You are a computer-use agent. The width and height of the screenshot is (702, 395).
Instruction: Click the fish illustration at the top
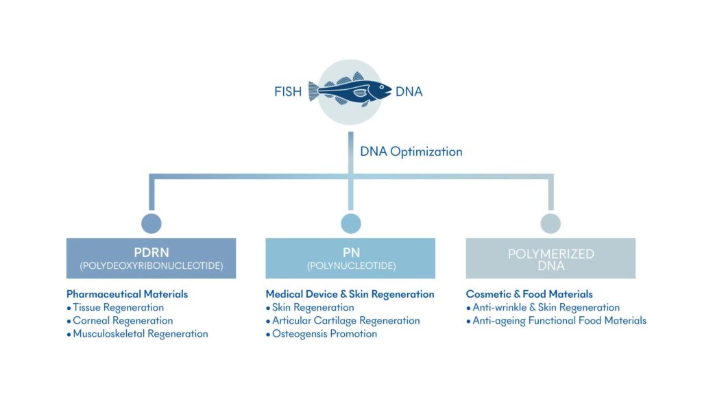[350, 91]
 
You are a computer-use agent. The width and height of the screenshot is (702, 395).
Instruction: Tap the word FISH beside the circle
[288, 91]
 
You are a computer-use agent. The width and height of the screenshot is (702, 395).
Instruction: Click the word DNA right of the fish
[409, 91]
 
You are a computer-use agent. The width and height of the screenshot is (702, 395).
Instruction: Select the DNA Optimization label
[411, 152]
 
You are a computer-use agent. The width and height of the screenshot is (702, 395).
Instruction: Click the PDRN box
[151, 258]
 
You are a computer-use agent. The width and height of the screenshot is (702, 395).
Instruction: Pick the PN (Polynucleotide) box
[350, 258]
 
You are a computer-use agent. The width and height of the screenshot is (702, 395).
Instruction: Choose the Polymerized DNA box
[550, 258]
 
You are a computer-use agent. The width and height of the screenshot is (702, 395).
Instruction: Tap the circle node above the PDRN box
[151, 223]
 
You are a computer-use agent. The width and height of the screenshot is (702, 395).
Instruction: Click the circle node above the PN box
[350, 223]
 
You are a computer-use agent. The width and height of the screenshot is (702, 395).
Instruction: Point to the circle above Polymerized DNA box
[550, 223]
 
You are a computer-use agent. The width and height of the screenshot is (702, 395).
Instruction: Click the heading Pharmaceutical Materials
[127, 294]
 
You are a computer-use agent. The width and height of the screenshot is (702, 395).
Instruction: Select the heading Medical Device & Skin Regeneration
[350, 294]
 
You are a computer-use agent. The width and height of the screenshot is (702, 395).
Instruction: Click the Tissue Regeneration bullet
[118, 307]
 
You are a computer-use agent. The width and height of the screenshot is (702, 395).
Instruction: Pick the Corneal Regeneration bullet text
[123, 320]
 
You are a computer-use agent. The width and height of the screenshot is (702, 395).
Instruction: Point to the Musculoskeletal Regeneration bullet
[140, 334]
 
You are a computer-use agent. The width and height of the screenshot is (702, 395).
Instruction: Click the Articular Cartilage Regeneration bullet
[346, 320]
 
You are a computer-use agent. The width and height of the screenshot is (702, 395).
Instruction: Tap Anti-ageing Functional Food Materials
[559, 320]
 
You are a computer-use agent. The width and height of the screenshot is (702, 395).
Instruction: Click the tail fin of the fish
[315, 91]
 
